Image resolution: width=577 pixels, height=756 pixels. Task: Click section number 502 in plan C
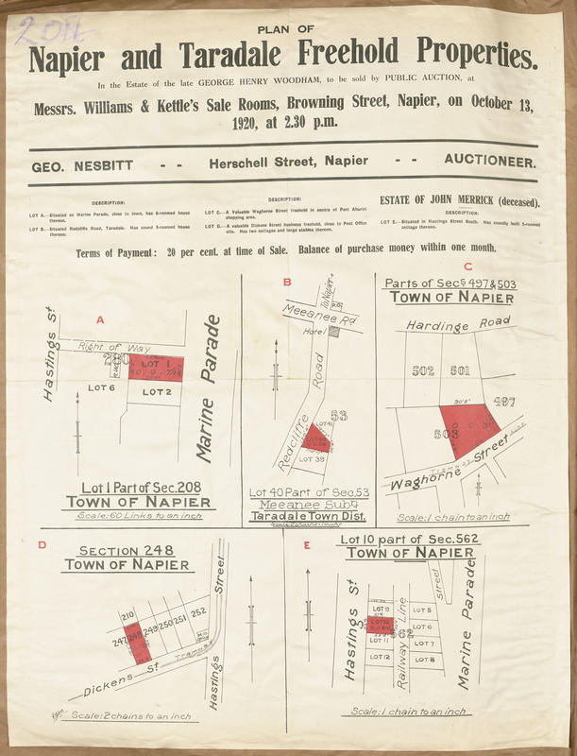coord(423,370)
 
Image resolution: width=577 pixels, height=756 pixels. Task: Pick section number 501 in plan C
coord(460,370)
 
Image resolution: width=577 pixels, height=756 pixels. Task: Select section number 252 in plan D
coord(199,612)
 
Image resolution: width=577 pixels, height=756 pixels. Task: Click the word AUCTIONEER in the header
coord(490,162)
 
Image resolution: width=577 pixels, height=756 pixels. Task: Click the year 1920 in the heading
coord(249,123)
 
